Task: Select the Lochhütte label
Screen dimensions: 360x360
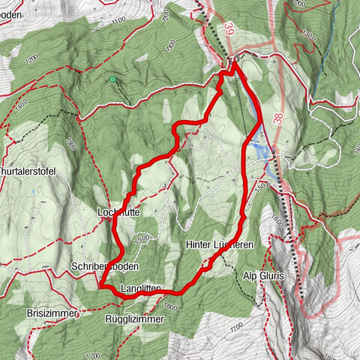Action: click(x=119, y=212)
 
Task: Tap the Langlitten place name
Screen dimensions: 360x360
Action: click(x=141, y=289)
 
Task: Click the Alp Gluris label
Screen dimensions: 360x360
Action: click(x=263, y=277)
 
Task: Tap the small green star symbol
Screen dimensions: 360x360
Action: click(x=111, y=79)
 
